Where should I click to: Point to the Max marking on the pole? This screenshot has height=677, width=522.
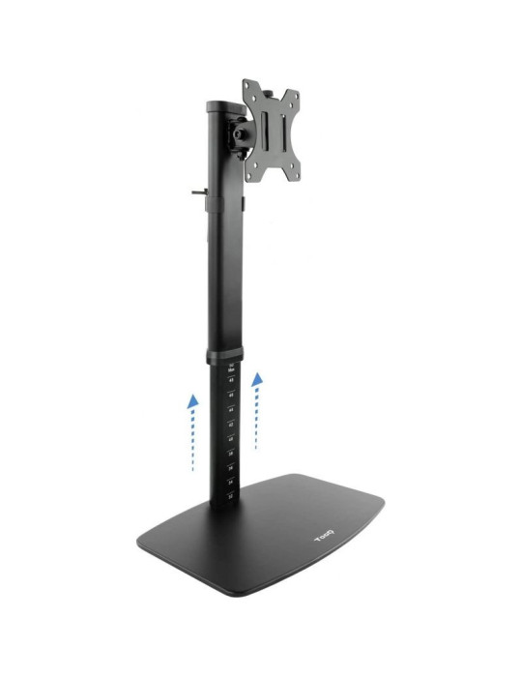231,368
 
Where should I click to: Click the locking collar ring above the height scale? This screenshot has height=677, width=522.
224,352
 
